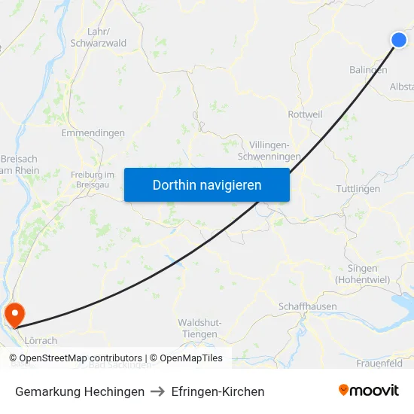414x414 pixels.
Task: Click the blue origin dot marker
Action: point(399,40)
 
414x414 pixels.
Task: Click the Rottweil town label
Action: point(305,114)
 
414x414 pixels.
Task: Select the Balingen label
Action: point(368,70)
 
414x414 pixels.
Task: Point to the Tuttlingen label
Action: point(358,189)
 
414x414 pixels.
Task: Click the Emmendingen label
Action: point(93,133)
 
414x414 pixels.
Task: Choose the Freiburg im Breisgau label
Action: point(92,180)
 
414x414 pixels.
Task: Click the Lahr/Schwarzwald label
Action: point(98,38)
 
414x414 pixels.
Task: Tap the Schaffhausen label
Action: point(307,307)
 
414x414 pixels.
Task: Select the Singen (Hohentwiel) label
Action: point(362,274)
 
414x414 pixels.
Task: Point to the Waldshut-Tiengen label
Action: point(199,328)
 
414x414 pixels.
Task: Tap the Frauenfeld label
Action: point(379,364)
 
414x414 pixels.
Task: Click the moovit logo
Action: point(369,390)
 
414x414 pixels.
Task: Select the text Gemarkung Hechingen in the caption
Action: point(80,391)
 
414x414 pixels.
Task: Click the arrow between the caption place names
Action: point(158,391)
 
